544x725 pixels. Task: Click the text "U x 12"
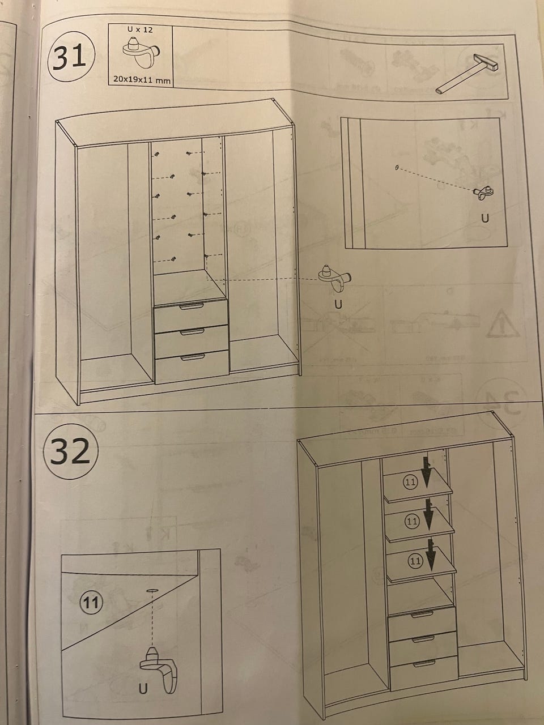140,29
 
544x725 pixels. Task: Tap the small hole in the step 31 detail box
397,168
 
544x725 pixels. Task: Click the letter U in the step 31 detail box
485,218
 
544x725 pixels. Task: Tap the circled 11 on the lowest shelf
415,560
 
